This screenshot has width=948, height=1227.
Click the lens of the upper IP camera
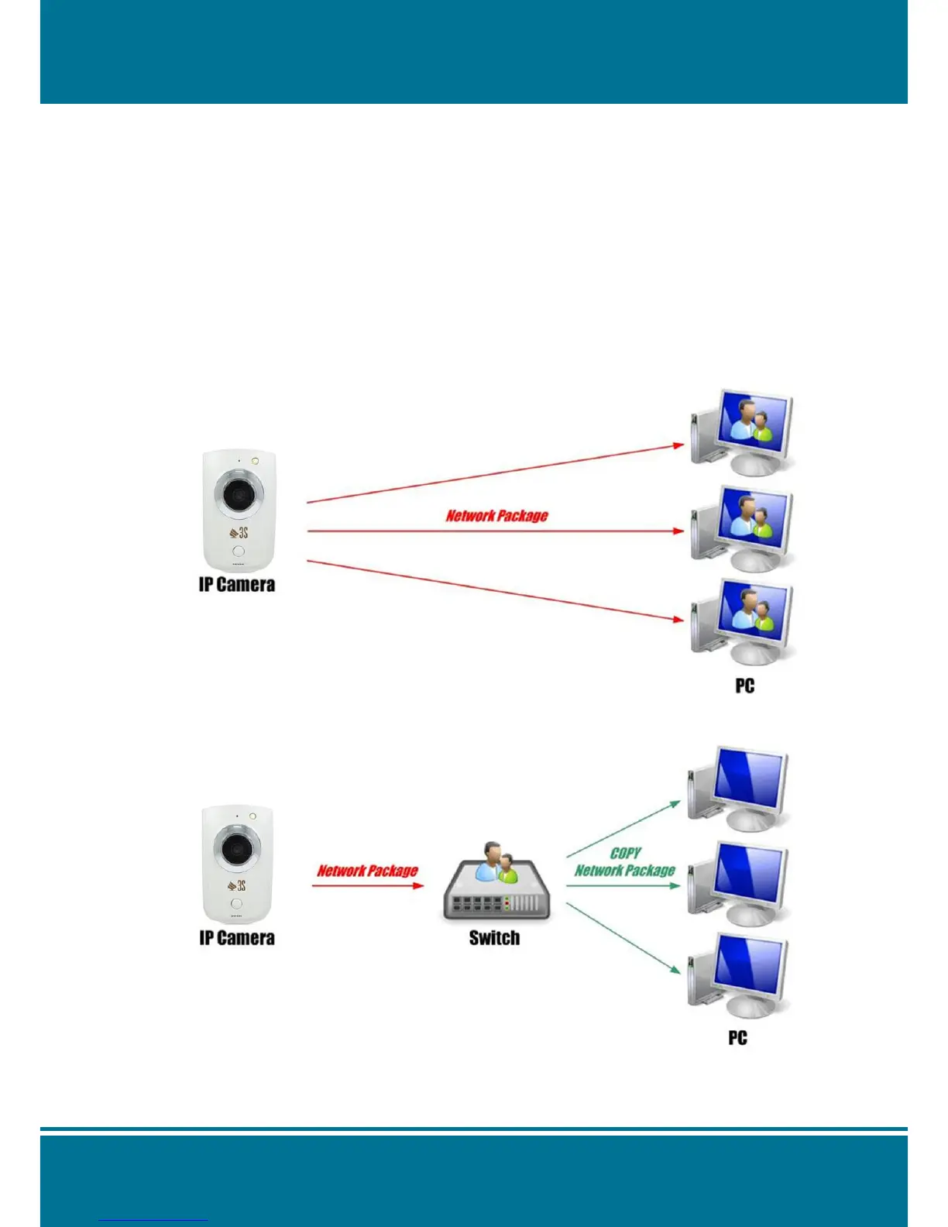(x=238, y=494)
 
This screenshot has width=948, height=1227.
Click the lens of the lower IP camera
(x=235, y=849)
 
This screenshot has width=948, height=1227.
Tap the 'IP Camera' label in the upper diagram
(x=237, y=585)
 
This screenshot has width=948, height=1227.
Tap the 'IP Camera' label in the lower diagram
(x=237, y=938)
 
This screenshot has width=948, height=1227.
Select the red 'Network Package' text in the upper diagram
(x=497, y=516)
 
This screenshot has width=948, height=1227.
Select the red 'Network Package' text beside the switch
(x=367, y=871)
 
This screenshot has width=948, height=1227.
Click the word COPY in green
(x=625, y=853)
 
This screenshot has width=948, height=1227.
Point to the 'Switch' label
(x=494, y=938)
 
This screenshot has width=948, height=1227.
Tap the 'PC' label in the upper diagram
(x=745, y=686)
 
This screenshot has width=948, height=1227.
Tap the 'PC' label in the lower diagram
(x=738, y=1037)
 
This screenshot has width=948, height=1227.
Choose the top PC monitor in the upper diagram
(x=753, y=426)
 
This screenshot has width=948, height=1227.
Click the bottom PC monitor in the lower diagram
(x=748, y=968)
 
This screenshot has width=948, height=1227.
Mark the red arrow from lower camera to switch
(x=368, y=885)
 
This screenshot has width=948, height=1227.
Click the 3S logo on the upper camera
(x=239, y=532)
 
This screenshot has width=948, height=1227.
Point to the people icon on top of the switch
(x=496, y=863)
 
